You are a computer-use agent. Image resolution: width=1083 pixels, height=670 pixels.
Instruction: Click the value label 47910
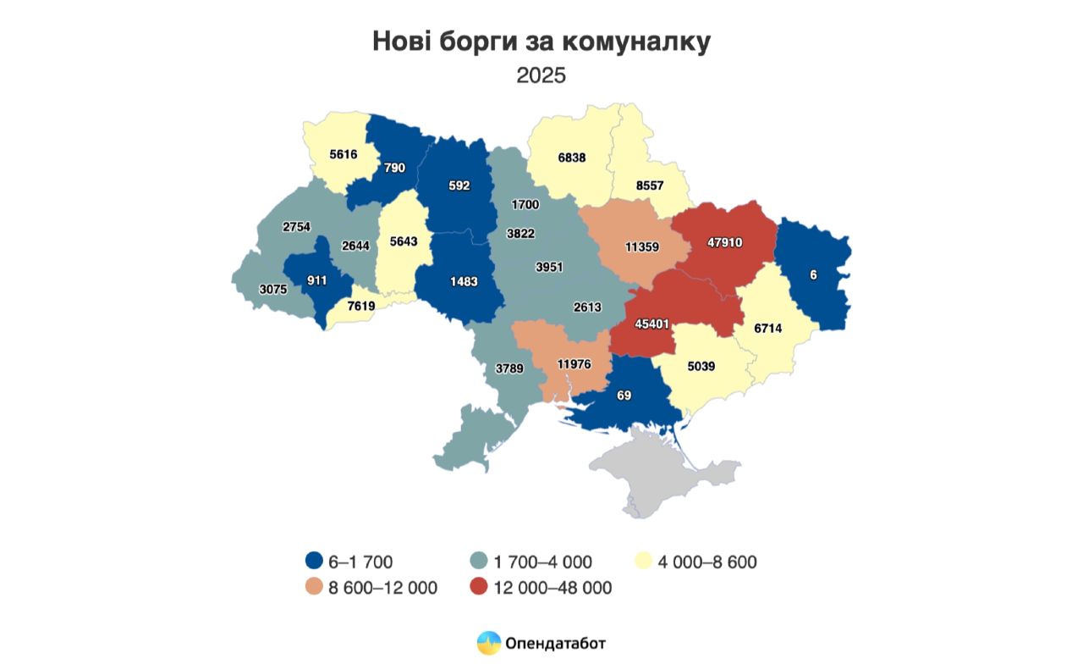(724, 242)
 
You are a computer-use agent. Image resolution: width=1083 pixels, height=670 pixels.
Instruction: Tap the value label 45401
(652, 324)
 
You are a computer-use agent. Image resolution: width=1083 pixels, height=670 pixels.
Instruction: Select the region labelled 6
(814, 275)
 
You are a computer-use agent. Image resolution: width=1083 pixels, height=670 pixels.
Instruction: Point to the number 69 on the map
(624, 396)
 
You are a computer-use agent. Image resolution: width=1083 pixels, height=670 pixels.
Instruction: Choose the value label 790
(393, 168)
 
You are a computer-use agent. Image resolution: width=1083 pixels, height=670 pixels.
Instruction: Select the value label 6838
(572, 158)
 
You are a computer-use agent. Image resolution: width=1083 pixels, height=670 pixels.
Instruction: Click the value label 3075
(274, 289)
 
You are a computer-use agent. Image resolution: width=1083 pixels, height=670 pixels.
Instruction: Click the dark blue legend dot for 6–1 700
(315, 561)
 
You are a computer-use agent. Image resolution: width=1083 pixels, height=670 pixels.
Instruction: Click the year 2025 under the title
(541, 75)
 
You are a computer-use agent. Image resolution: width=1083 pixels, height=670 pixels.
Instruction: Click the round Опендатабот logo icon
(489, 644)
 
